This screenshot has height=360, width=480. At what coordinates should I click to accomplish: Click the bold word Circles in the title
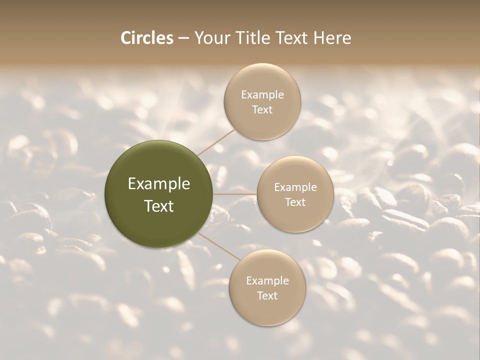tap(146, 38)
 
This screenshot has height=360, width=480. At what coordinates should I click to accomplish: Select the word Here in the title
tap(332, 38)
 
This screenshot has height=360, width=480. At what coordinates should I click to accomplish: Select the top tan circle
tap(262, 125)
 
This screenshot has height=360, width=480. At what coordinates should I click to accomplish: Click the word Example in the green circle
tap(159, 184)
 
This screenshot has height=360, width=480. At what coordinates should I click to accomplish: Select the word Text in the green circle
tap(159, 206)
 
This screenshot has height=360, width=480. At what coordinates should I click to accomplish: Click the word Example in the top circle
tap(262, 94)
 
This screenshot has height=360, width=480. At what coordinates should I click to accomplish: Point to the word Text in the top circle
tap(262, 109)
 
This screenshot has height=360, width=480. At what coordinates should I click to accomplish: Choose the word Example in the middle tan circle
tap(295, 187)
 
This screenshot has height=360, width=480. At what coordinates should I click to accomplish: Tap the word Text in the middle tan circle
tap(295, 202)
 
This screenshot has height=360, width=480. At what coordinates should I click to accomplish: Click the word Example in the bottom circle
tap(267, 280)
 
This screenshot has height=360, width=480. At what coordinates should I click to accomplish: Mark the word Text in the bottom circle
tap(267, 295)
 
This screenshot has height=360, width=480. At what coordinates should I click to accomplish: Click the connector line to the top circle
tap(216, 142)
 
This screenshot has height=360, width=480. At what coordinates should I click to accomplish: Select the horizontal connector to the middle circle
tap(235, 194)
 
